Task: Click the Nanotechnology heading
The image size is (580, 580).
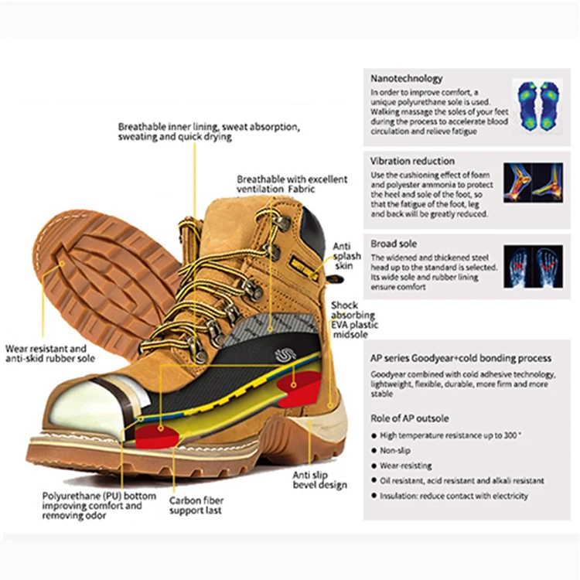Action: tap(406, 78)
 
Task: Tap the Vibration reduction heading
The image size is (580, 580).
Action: tap(412, 161)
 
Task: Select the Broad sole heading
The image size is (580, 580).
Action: tap(394, 244)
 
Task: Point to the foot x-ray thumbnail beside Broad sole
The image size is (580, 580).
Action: tap(534, 267)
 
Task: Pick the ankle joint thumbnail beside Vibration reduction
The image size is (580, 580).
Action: tap(534, 184)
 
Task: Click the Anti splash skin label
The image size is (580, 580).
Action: tap(343, 256)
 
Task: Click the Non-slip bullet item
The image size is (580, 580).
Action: tap(395, 450)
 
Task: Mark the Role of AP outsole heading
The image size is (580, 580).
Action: tap(409, 418)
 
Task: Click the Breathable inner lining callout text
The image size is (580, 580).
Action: tap(208, 131)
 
